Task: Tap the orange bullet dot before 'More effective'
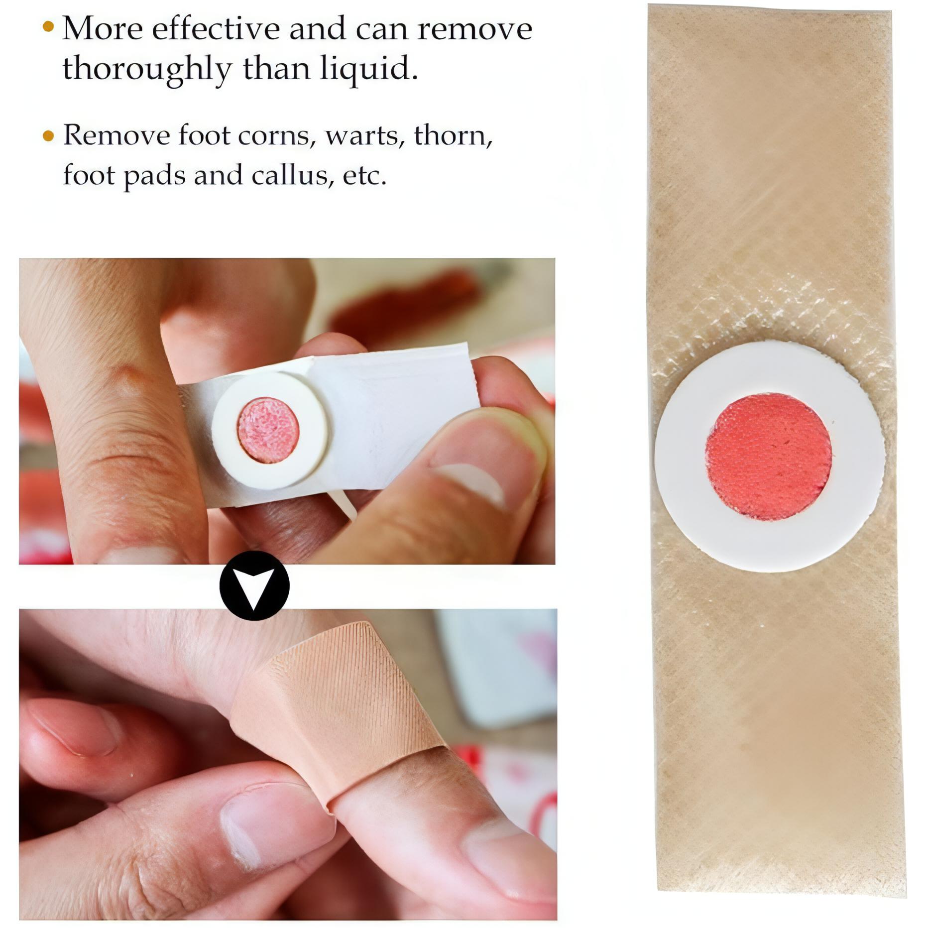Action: (x=48, y=26)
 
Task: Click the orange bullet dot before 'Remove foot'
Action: (x=48, y=135)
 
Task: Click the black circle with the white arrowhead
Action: (x=254, y=585)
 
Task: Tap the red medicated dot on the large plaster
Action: (x=768, y=457)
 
